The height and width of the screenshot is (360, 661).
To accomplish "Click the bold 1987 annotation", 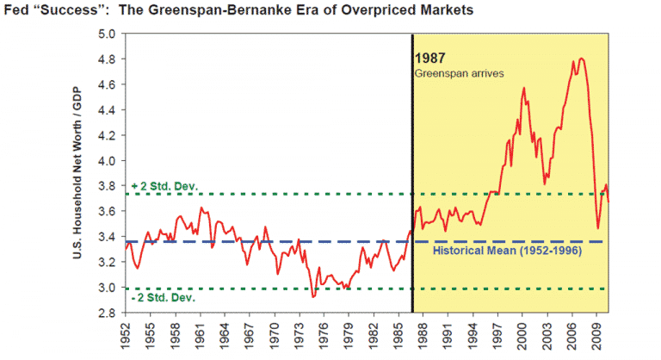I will coord(431,59).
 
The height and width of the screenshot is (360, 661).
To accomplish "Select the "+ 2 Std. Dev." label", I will coord(165,185).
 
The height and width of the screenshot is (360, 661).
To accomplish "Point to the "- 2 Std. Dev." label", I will coord(164,297).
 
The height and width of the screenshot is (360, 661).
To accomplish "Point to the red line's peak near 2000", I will coord(523,88).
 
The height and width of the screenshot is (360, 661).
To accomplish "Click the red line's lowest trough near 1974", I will coord(313,296).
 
